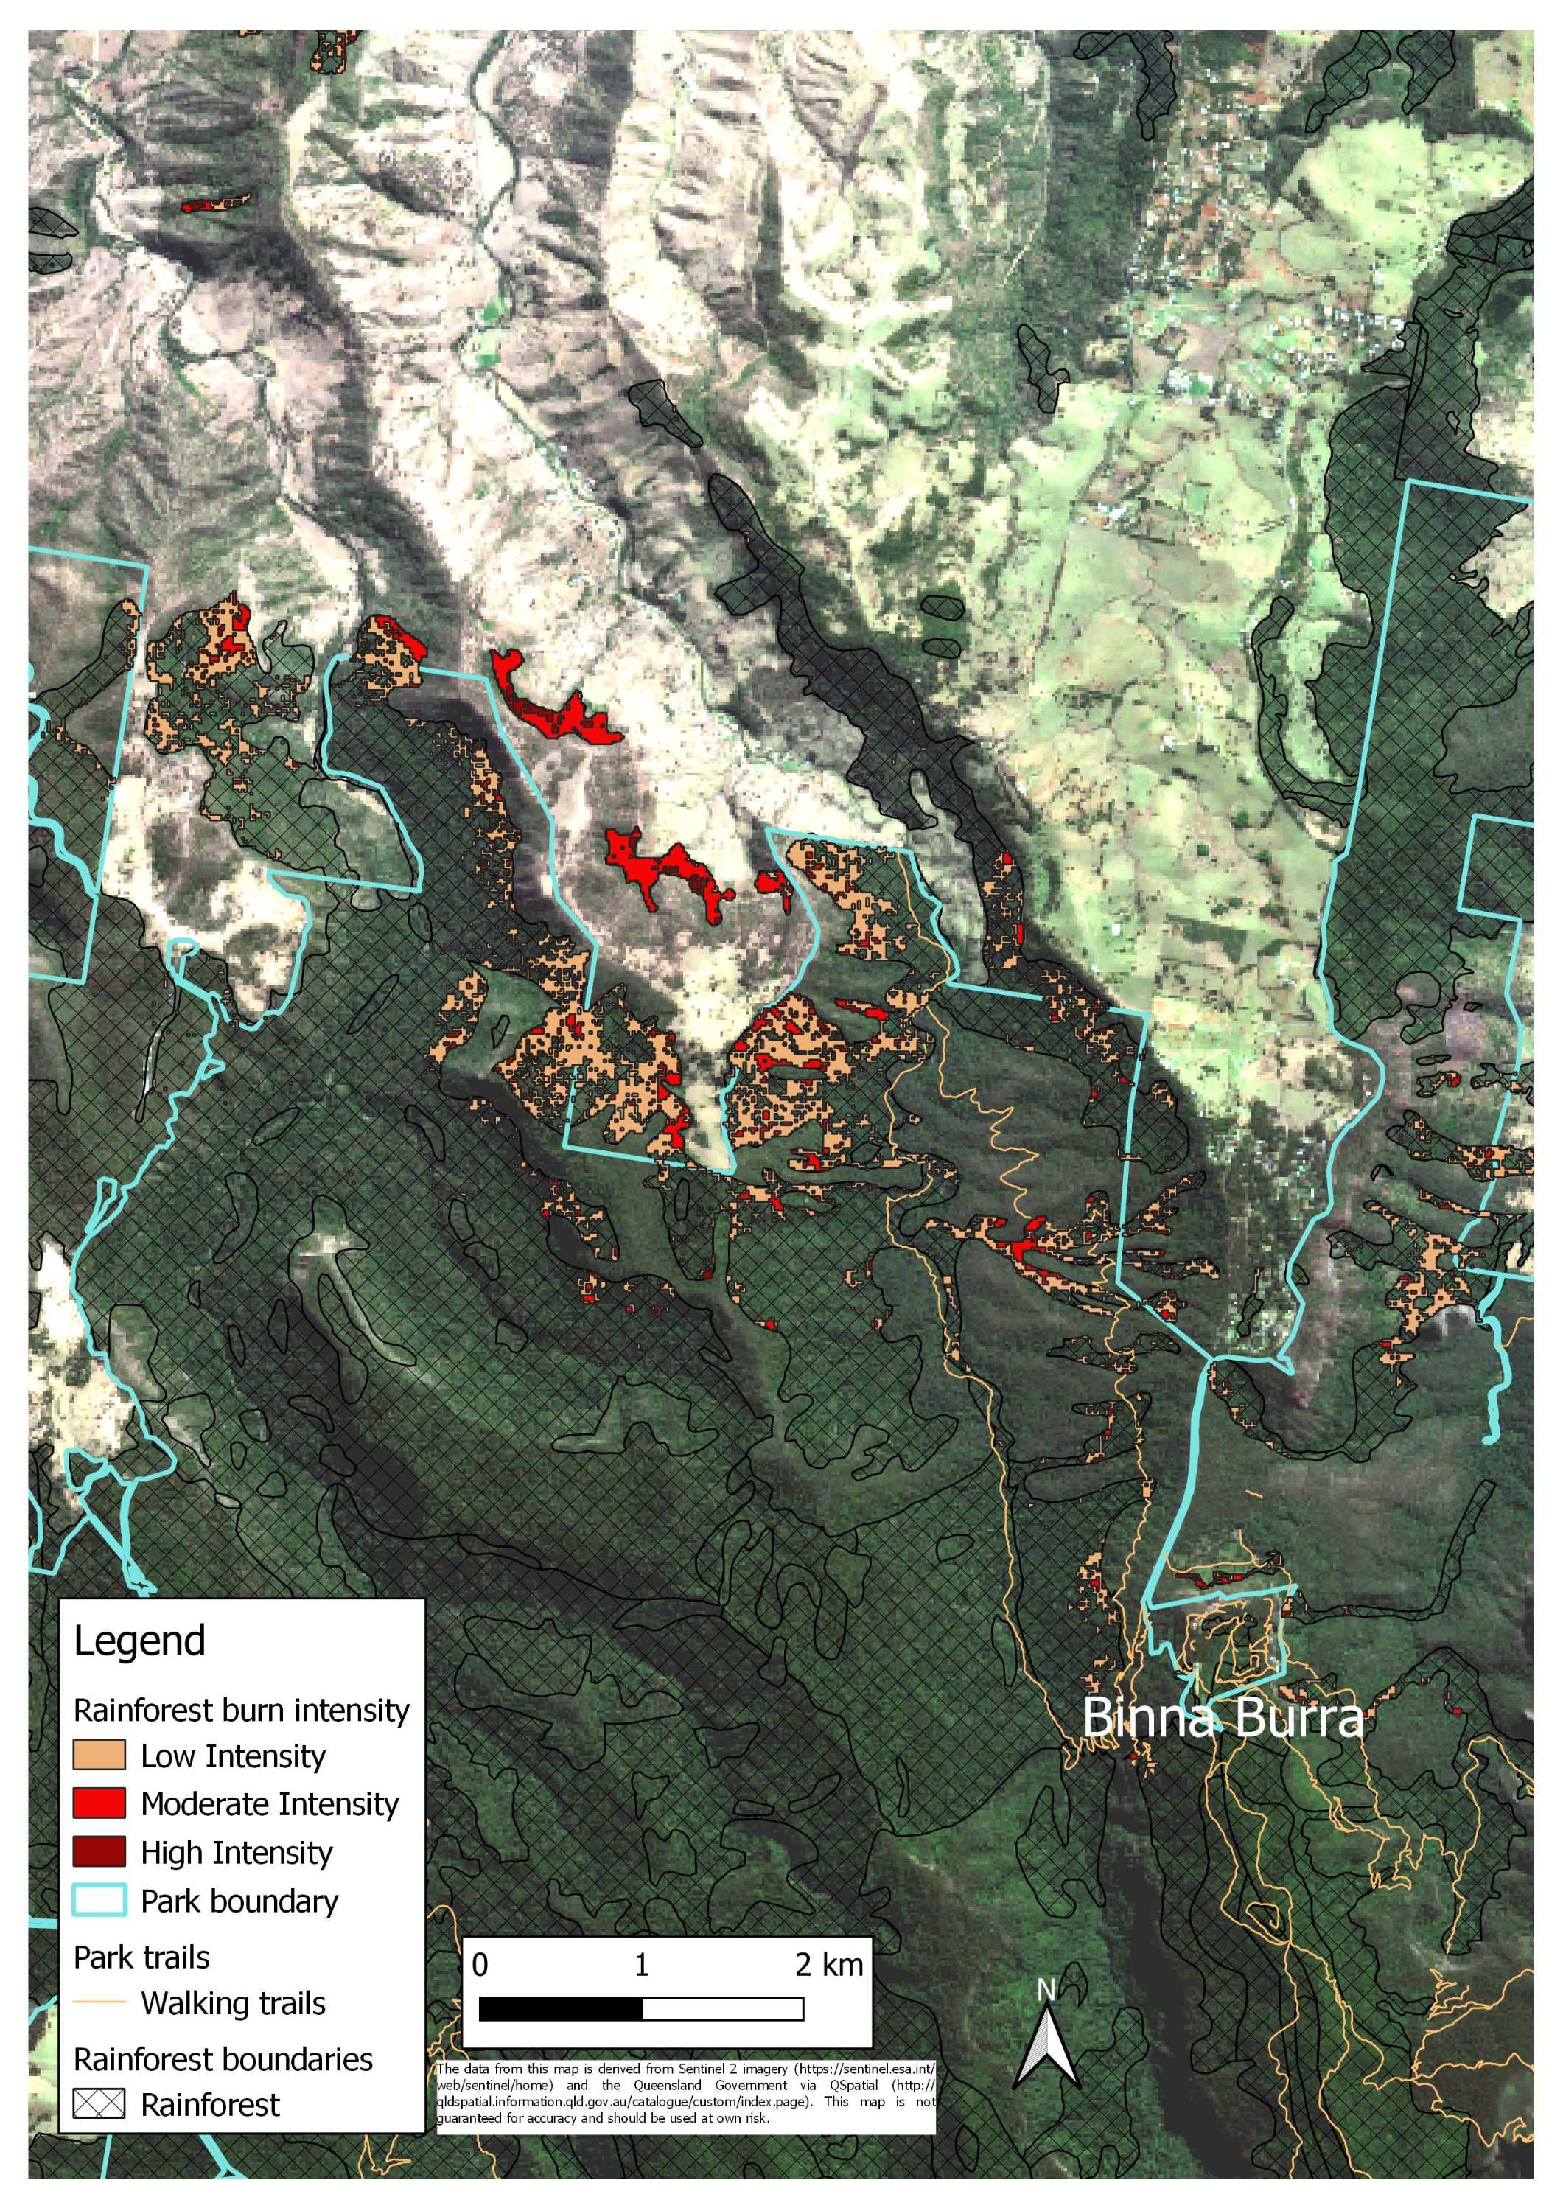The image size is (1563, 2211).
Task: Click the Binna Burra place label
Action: point(1223,1718)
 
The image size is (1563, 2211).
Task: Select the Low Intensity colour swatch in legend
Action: point(99,1755)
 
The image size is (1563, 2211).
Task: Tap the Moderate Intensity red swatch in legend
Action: point(99,1803)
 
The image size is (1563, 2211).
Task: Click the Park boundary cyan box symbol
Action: point(99,1900)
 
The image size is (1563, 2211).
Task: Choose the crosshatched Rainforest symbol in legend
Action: point(99,2104)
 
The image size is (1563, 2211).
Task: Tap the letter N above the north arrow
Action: point(1047,1989)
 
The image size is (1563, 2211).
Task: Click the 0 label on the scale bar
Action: point(480,1965)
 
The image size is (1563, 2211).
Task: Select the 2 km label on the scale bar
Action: point(828,1965)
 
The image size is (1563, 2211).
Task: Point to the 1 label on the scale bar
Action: point(641,1965)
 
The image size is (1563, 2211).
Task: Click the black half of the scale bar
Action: point(561,2009)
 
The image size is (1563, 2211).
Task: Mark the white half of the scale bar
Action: point(722,2009)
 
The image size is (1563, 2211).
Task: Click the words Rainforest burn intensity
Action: point(242,1711)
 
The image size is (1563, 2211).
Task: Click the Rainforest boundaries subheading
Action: point(223,2059)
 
